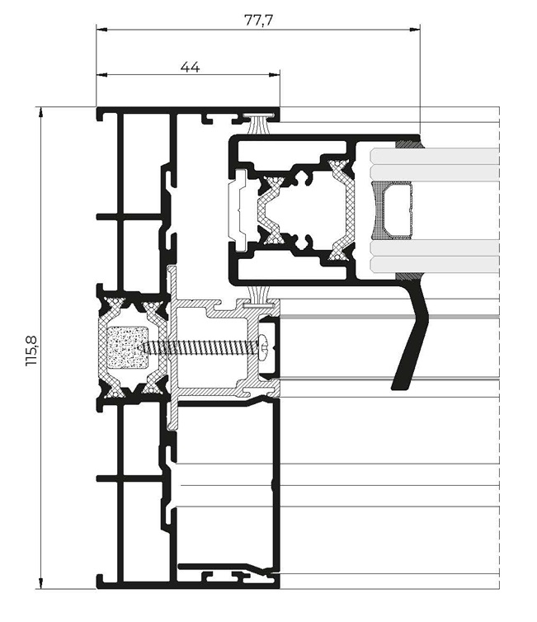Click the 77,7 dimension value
tap(258, 20)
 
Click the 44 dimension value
tap(190, 67)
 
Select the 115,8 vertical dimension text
tap(31, 351)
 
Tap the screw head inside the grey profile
tap(263, 348)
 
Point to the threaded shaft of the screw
tap(200, 348)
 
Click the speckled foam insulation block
tap(128, 347)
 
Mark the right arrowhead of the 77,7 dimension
tap(415, 30)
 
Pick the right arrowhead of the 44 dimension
tap(275, 74)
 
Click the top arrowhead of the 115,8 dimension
tap(41, 112)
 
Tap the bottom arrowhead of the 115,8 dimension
tap(41, 583)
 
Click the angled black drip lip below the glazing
tap(412, 337)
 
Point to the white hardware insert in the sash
tap(238, 210)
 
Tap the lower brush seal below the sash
tap(259, 297)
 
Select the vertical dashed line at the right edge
tap(499, 348)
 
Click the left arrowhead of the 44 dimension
tap(102, 74)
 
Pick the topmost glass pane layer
tap(435, 155)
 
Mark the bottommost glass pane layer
tap(435, 264)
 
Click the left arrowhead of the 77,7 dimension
tap(102, 30)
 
